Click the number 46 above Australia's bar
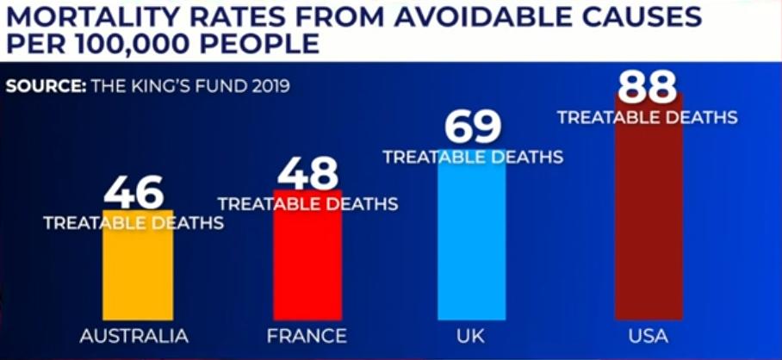tap(133, 194)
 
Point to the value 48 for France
tap(307, 173)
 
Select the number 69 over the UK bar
tap(473, 127)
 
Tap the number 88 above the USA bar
tap(648, 87)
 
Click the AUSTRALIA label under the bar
tap(133, 336)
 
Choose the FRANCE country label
tap(307, 336)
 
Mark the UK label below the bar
tap(472, 336)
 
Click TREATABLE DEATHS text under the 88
tap(648, 117)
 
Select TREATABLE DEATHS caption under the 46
tap(133, 223)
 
